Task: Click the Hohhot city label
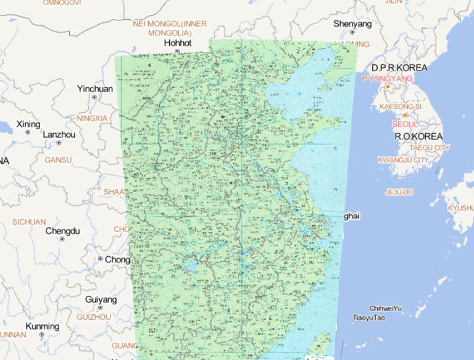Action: [178, 43]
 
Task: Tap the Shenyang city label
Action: [352, 24]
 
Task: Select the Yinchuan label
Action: [95, 89]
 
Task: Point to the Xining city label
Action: [28, 124]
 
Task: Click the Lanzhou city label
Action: [59, 135]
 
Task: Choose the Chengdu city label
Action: [62, 231]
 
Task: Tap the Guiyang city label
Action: [101, 299]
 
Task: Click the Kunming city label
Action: [43, 326]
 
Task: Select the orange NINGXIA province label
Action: [92, 118]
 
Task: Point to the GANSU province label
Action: [58, 160]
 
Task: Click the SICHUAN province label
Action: [29, 222]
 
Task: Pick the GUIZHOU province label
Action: [94, 317]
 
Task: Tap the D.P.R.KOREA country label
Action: [399, 67]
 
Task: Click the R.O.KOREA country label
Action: [418, 136]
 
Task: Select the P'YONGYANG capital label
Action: [387, 79]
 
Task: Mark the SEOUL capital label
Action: [404, 124]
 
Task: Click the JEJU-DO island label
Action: [399, 192]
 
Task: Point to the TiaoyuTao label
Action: [368, 317]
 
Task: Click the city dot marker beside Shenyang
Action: [352, 32]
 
